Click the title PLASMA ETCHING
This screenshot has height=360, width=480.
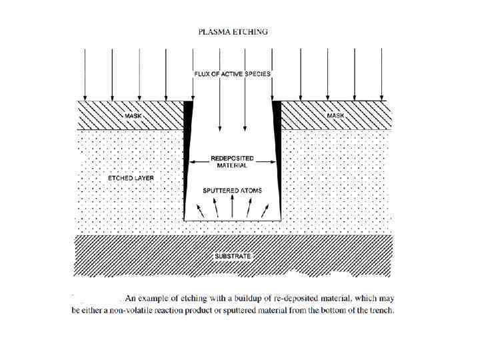pos(233,31)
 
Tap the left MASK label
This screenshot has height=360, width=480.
pos(134,116)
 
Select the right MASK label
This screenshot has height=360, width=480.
pos(336,116)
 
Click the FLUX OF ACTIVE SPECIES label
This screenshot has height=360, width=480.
pos(232,74)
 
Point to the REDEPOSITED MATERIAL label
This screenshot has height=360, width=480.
pos(232,161)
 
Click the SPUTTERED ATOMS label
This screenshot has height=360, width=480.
pos(232,191)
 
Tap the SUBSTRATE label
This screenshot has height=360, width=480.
pos(232,256)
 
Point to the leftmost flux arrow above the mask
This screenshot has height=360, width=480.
pos(85,73)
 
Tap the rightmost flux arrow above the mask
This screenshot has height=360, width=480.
pos(381,73)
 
